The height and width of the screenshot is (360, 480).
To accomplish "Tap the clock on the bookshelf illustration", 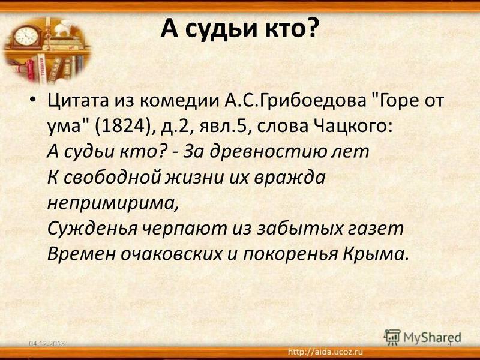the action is [26, 37].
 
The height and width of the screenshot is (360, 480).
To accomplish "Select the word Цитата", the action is [78, 100].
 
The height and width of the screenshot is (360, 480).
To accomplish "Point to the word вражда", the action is [289, 178].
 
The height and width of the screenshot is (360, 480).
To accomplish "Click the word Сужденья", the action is [92, 229].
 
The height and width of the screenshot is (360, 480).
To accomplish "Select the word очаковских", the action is [171, 254].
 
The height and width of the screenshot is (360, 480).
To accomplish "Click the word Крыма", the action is [376, 254].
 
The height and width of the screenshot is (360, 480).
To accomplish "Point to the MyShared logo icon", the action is [392, 337].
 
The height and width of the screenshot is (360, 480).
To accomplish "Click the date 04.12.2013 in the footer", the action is [47, 344].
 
